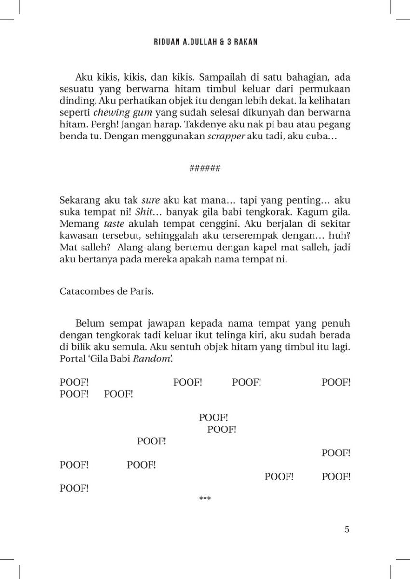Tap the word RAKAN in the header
click(x=245, y=42)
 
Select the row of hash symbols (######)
click(x=205, y=168)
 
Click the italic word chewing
click(x=109, y=112)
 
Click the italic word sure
click(x=150, y=200)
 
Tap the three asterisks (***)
click(x=205, y=499)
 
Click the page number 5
click(x=347, y=529)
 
